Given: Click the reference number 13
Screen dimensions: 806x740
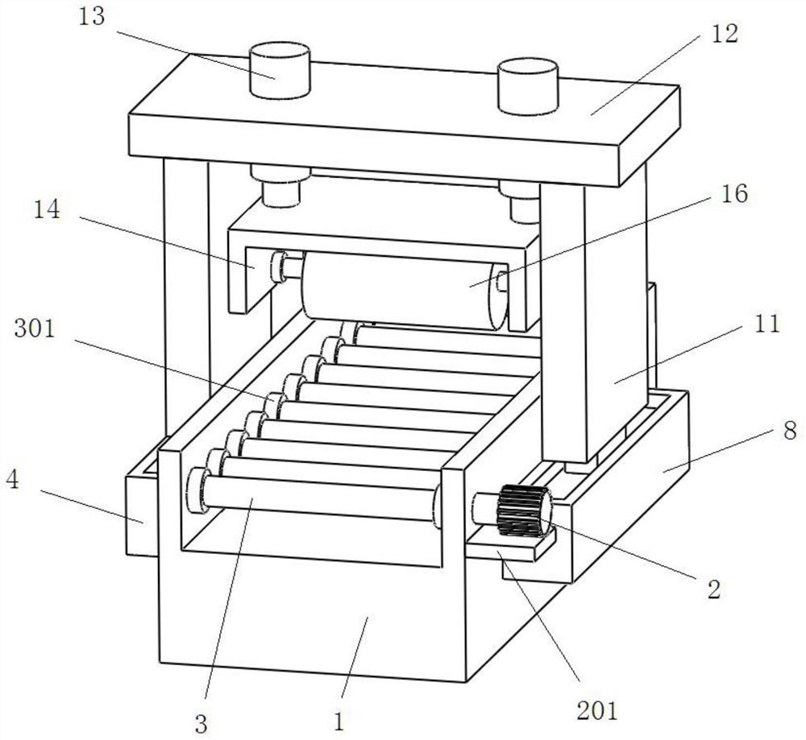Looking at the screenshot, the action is (x=92, y=17).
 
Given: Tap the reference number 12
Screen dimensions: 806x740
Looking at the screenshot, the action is (x=725, y=34).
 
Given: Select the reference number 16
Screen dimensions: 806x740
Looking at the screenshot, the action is (x=734, y=194).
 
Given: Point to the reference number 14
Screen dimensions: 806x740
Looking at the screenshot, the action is (x=47, y=209).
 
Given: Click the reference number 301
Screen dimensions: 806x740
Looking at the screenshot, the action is (x=35, y=329).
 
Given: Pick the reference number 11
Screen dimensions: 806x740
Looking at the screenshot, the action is (x=767, y=325).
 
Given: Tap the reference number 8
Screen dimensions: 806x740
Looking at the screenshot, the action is (x=790, y=430).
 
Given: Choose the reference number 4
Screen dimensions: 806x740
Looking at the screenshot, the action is (x=12, y=480).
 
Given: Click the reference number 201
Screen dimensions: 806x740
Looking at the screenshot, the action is (x=596, y=711).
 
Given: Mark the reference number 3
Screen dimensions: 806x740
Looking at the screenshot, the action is (x=201, y=724).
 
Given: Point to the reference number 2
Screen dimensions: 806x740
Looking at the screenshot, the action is (x=714, y=589).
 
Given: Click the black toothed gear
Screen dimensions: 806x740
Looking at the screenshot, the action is (x=524, y=511).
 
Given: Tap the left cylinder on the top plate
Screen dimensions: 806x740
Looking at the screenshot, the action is (x=280, y=71).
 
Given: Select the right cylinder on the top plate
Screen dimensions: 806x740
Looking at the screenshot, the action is (x=528, y=86).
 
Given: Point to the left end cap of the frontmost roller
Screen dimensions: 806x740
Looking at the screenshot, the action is (x=197, y=490).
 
